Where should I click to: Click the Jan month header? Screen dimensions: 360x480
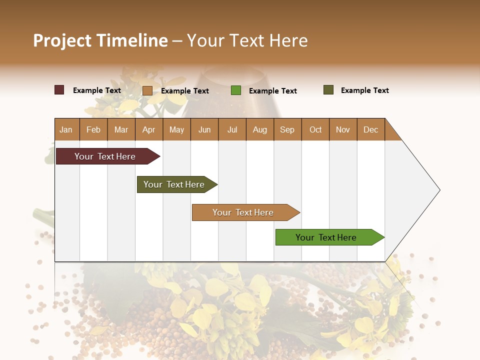[x=66, y=129]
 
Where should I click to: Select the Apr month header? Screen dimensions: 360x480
[x=148, y=129]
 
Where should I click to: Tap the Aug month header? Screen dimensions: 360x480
[x=259, y=129]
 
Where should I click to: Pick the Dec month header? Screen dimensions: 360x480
[x=370, y=129]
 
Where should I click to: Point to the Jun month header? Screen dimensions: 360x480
[x=204, y=129]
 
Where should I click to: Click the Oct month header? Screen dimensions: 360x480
[x=315, y=129]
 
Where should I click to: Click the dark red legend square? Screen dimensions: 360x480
[x=59, y=90]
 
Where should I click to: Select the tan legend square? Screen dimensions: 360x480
[x=147, y=90]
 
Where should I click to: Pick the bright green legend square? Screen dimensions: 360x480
[x=235, y=90]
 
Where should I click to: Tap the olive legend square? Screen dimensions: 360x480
[x=328, y=90]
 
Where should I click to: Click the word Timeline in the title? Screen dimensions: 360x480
[x=131, y=40]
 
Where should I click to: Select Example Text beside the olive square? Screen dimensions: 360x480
[x=364, y=90]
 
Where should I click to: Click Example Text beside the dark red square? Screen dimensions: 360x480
[x=96, y=90]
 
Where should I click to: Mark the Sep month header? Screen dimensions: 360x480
[x=287, y=129]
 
